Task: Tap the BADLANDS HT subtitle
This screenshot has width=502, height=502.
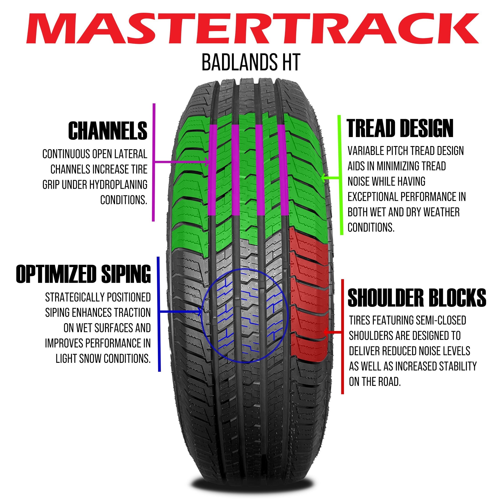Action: click(251, 63)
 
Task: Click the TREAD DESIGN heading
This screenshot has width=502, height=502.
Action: click(400, 128)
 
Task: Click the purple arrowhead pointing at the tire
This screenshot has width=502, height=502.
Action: click(207, 162)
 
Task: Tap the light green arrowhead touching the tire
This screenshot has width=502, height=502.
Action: click(323, 178)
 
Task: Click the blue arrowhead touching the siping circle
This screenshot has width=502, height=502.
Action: click(200, 311)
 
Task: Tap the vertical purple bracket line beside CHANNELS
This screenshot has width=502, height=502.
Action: click(154, 162)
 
